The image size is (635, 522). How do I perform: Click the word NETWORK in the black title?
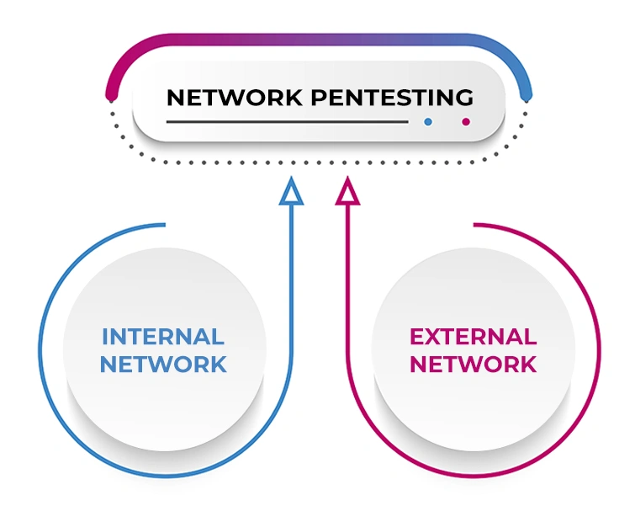pyautogui.click(x=235, y=98)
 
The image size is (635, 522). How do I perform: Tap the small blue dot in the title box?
pyautogui.click(x=428, y=122)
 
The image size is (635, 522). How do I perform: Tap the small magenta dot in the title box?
pyautogui.click(x=465, y=122)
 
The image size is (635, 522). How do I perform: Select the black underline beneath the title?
pyautogui.click(x=286, y=122)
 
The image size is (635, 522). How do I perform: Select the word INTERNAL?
pyautogui.click(x=163, y=338)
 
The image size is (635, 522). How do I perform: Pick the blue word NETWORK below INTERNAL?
pyautogui.click(x=163, y=365)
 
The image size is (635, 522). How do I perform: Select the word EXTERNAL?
pyautogui.click(x=473, y=338)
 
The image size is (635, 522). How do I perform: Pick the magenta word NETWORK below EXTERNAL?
pyautogui.click(x=473, y=365)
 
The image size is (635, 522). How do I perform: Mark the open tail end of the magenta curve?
pyautogui.click(x=476, y=225)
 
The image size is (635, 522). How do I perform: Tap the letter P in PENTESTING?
pyautogui.click(x=319, y=98)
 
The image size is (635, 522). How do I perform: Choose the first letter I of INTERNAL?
pyautogui.click(x=105, y=338)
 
